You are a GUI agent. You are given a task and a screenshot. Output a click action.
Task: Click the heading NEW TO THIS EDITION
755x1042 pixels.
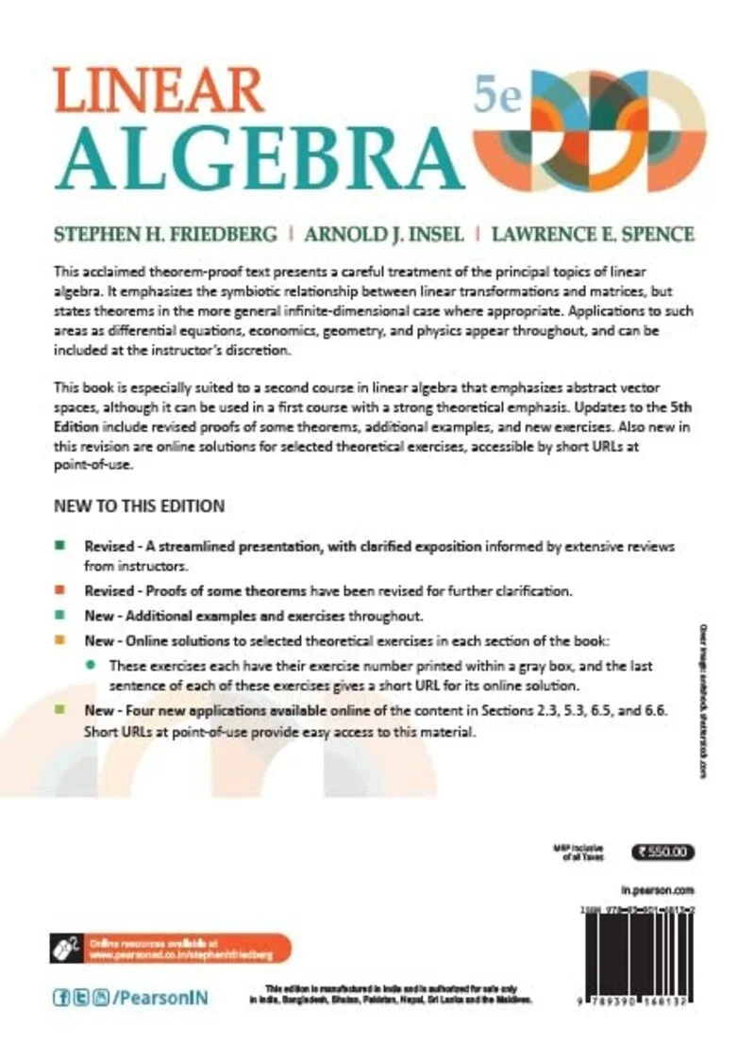click(x=139, y=506)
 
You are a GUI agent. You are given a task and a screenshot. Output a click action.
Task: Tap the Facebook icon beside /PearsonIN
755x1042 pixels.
click(x=59, y=997)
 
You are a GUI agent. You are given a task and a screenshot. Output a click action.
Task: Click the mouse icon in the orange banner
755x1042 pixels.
click(x=65, y=947)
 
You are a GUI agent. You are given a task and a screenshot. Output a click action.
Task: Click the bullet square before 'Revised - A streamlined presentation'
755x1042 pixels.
click(x=59, y=546)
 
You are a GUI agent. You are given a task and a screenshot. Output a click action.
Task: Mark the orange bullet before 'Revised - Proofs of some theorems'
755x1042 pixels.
click(x=59, y=591)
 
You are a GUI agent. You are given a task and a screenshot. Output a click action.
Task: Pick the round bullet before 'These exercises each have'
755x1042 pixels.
click(x=91, y=665)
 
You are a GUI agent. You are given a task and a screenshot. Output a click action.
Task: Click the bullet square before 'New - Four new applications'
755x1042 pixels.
click(x=59, y=713)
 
